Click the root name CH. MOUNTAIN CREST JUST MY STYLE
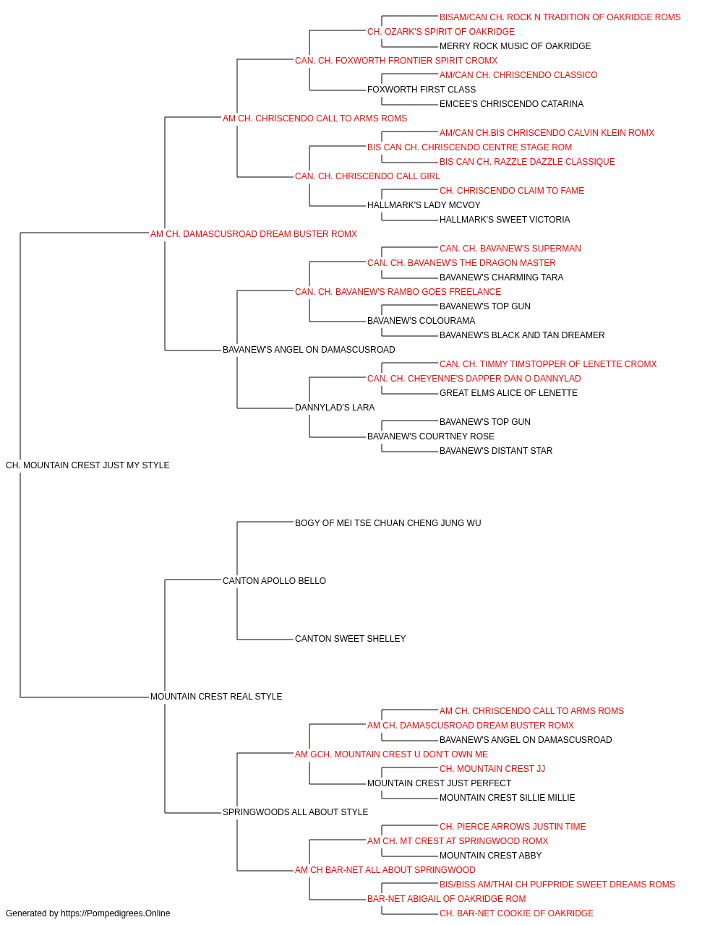coord(87,465)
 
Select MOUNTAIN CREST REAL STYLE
coord(216,697)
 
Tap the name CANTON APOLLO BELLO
coord(274,580)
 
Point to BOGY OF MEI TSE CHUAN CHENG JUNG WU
coord(388,522)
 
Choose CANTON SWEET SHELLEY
coord(350,639)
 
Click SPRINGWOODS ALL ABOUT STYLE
coord(295,812)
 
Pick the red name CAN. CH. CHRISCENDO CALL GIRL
coord(367,176)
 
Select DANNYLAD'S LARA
coord(335,408)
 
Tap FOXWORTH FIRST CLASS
coord(421,90)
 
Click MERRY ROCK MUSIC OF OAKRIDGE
coord(515,46)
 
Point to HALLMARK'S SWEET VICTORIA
coord(505,220)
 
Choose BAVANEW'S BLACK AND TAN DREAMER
coord(521,335)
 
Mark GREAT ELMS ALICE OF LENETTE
coord(508,393)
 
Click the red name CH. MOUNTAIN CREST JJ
coord(492,769)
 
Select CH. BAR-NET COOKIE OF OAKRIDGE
coord(516,913)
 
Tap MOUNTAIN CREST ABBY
coord(490,855)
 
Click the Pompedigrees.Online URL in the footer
coord(115,913)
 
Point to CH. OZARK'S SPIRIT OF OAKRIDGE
coord(441,32)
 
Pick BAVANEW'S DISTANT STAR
coord(496,451)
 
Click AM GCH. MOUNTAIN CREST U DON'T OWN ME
coord(391,754)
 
